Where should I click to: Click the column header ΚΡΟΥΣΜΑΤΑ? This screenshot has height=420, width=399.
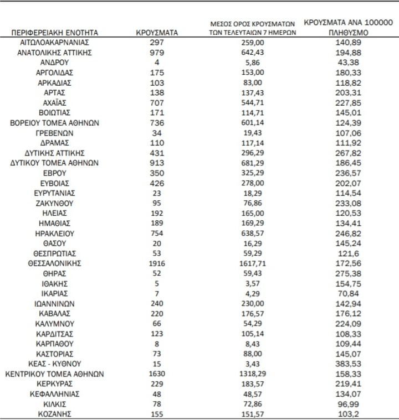click(157, 33)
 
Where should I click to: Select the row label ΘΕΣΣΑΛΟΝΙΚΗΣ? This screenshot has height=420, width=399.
click(54, 263)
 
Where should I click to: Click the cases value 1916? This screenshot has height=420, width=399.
click(157, 263)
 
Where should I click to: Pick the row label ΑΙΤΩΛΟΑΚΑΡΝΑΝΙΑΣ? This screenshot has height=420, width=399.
click(54, 43)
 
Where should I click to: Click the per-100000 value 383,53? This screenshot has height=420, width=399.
click(349, 364)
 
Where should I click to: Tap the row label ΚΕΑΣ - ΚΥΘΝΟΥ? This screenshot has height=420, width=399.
click(54, 364)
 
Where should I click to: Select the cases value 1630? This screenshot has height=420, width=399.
click(157, 374)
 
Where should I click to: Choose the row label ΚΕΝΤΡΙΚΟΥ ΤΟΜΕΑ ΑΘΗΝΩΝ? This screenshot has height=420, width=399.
click(54, 374)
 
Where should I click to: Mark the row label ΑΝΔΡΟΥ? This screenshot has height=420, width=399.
click(54, 63)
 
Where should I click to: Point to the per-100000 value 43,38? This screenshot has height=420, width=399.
click(349, 63)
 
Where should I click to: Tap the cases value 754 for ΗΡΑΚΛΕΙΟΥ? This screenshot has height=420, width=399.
click(157, 234)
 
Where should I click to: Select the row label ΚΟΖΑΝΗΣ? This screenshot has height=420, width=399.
click(54, 414)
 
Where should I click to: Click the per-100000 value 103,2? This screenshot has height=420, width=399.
click(349, 414)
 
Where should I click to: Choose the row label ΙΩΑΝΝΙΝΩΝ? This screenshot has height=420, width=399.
click(54, 304)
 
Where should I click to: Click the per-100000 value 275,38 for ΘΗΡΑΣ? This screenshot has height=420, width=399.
click(349, 273)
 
